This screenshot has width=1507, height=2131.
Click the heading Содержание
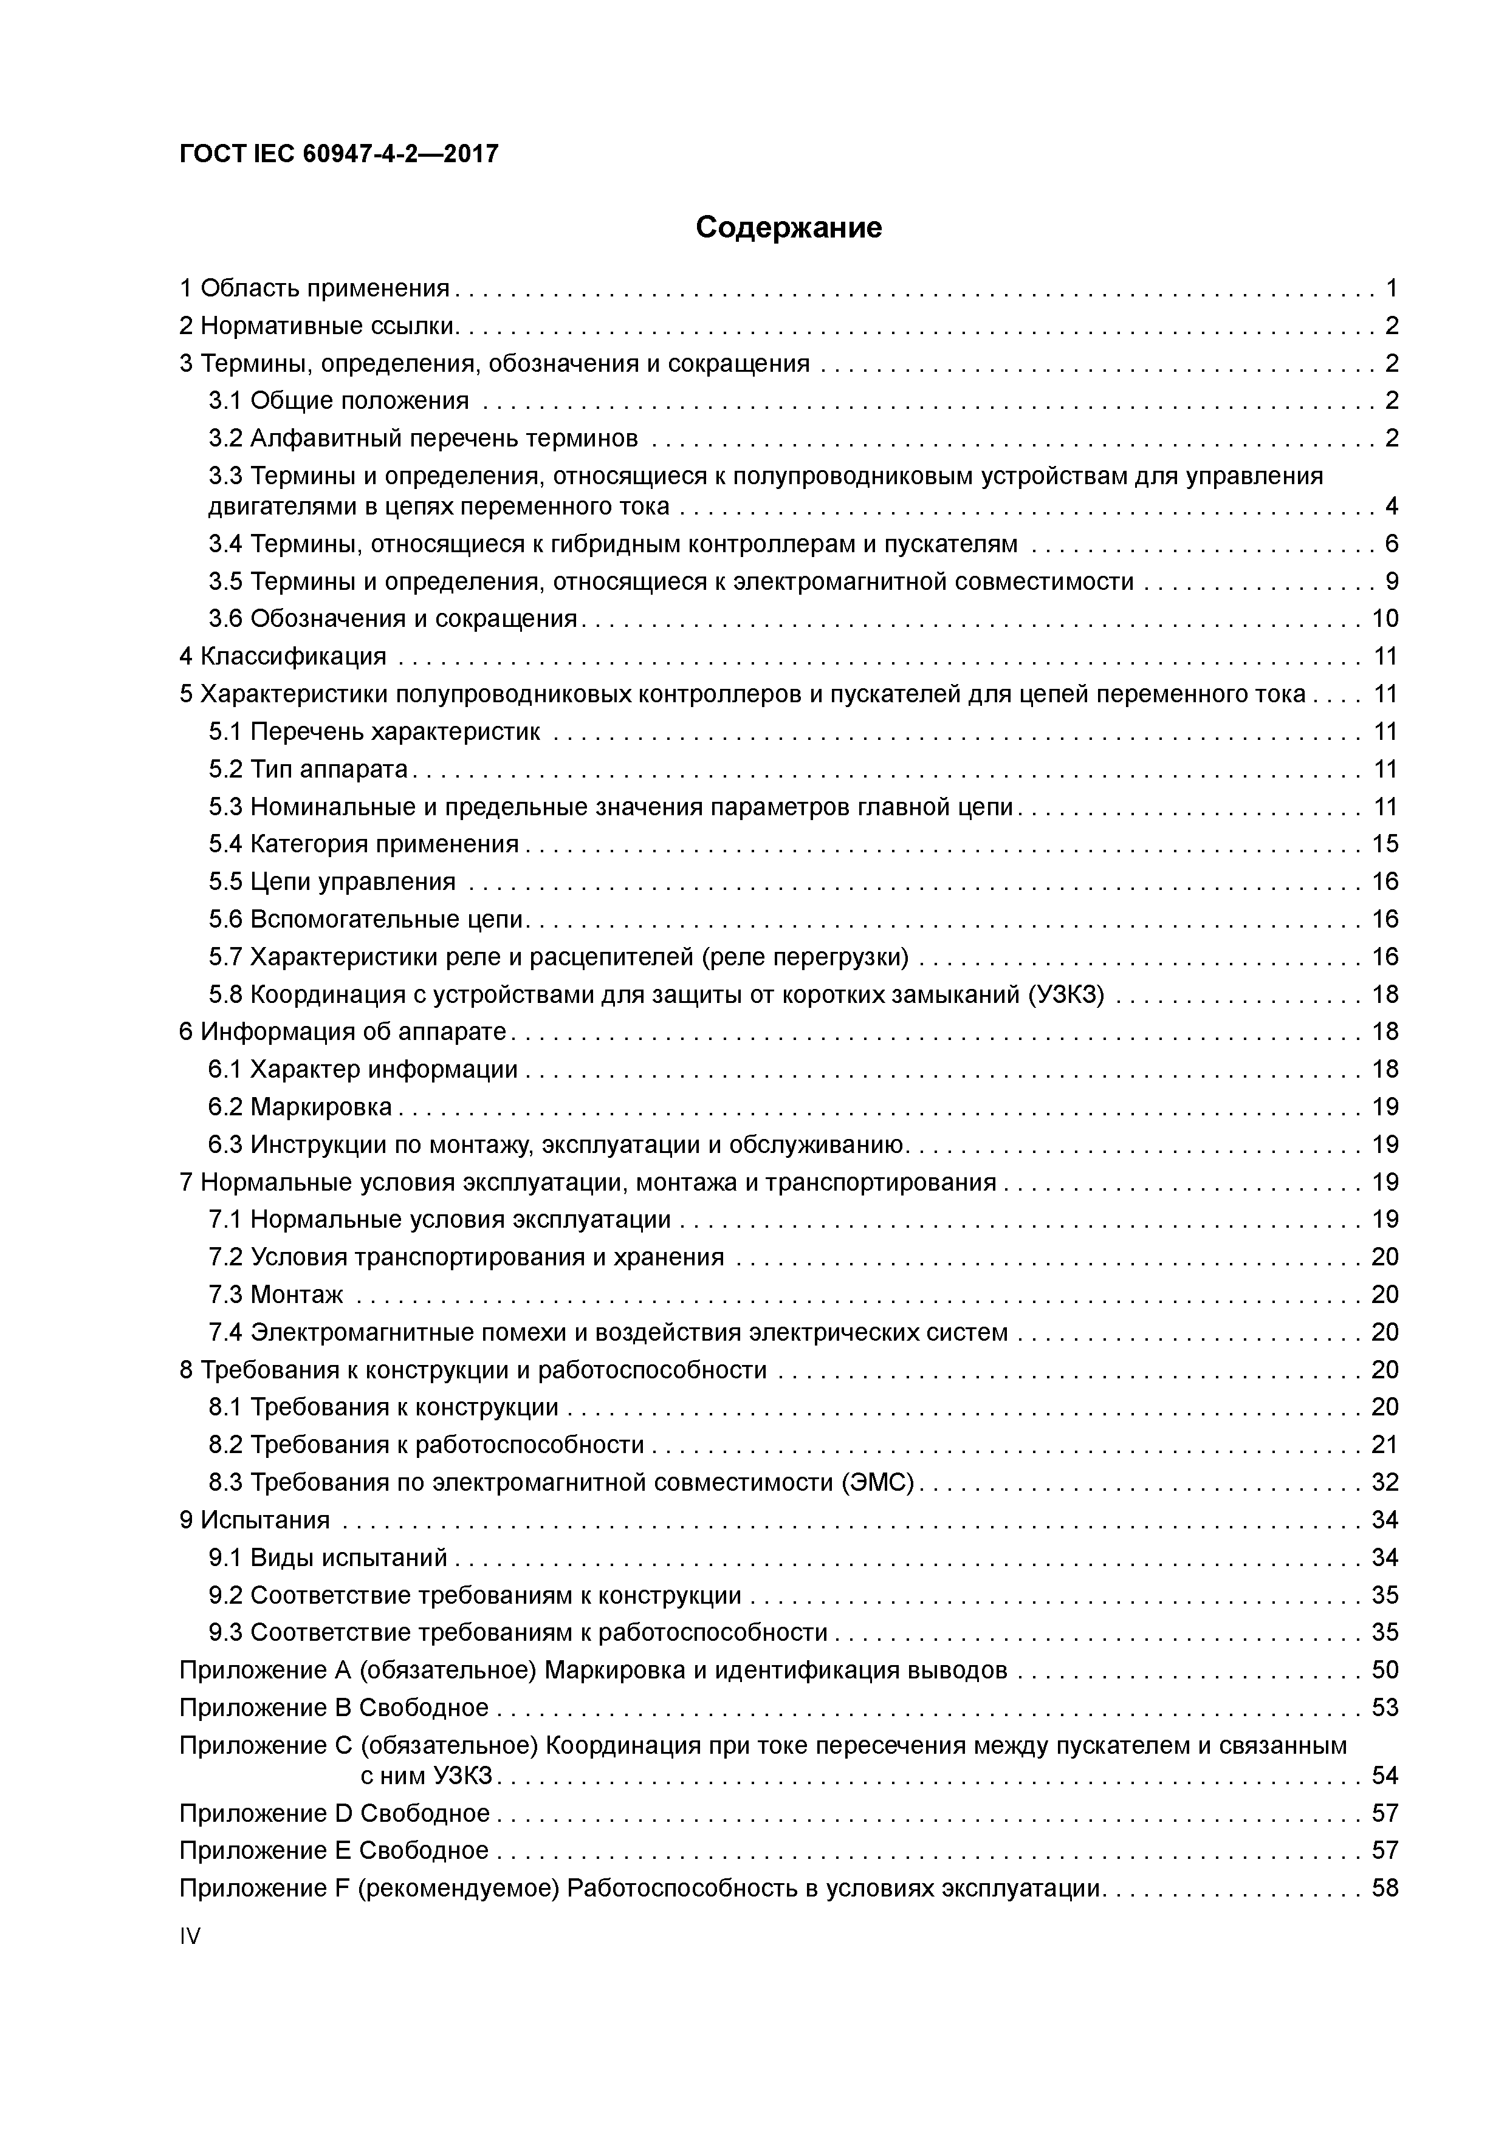coord(788,227)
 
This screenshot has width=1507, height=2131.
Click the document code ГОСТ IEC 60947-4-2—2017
coord(339,153)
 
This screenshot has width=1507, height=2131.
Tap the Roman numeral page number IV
coord(190,1936)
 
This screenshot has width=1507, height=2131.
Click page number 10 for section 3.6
coord(1384,619)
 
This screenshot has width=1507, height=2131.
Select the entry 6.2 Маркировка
coord(301,1107)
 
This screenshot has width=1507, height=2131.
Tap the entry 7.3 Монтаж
coord(276,1295)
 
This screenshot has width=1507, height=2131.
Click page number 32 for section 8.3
coord(1384,1482)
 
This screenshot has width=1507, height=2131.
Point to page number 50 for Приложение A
coord(1384,1671)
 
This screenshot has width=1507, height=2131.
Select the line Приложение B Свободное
coord(334,1708)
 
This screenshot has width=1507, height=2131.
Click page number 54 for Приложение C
coord(1384,1776)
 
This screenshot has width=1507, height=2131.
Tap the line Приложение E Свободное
coord(334,1851)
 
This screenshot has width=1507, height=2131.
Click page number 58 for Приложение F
coord(1384,1888)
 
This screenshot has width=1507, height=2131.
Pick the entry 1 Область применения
coord(314,289)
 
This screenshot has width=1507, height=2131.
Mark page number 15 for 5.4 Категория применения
coord(1384,844)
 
